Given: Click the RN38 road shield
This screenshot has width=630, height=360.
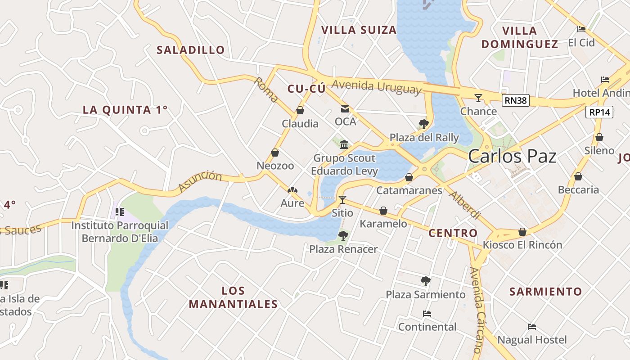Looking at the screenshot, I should coord(515,100).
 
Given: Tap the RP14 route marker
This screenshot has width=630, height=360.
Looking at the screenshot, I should coord(599,112).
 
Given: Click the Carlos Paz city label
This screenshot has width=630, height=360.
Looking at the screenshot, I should coord(512,157).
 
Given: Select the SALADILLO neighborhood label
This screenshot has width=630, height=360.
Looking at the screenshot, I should coord(190,50).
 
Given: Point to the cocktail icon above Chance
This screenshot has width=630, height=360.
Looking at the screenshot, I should coord(478,98).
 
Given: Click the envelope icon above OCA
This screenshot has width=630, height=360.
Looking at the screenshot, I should coord(345,108).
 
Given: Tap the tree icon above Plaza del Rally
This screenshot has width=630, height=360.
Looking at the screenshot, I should coord(423,124).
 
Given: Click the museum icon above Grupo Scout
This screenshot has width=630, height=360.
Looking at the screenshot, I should coord(344,144).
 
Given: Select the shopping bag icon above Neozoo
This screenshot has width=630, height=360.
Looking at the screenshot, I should coord(275,153).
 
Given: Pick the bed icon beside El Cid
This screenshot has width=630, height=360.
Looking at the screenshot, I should coord(581,29).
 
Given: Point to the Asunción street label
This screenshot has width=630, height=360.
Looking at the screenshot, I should coord(200,182).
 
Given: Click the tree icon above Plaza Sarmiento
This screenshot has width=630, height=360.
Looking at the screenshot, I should coord(425,281).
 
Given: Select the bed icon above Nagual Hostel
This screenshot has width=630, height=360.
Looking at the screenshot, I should coord(532,326).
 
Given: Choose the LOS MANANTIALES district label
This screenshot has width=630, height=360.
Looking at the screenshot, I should coord(233,297).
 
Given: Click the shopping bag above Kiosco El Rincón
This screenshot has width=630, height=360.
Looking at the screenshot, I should coord(522,232).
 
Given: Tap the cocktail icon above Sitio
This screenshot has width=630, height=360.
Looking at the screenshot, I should coord(342,199).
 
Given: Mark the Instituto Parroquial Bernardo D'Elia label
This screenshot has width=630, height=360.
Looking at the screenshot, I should coord(120,232).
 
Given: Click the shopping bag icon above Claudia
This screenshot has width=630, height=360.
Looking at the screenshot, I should coord(300,110).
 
